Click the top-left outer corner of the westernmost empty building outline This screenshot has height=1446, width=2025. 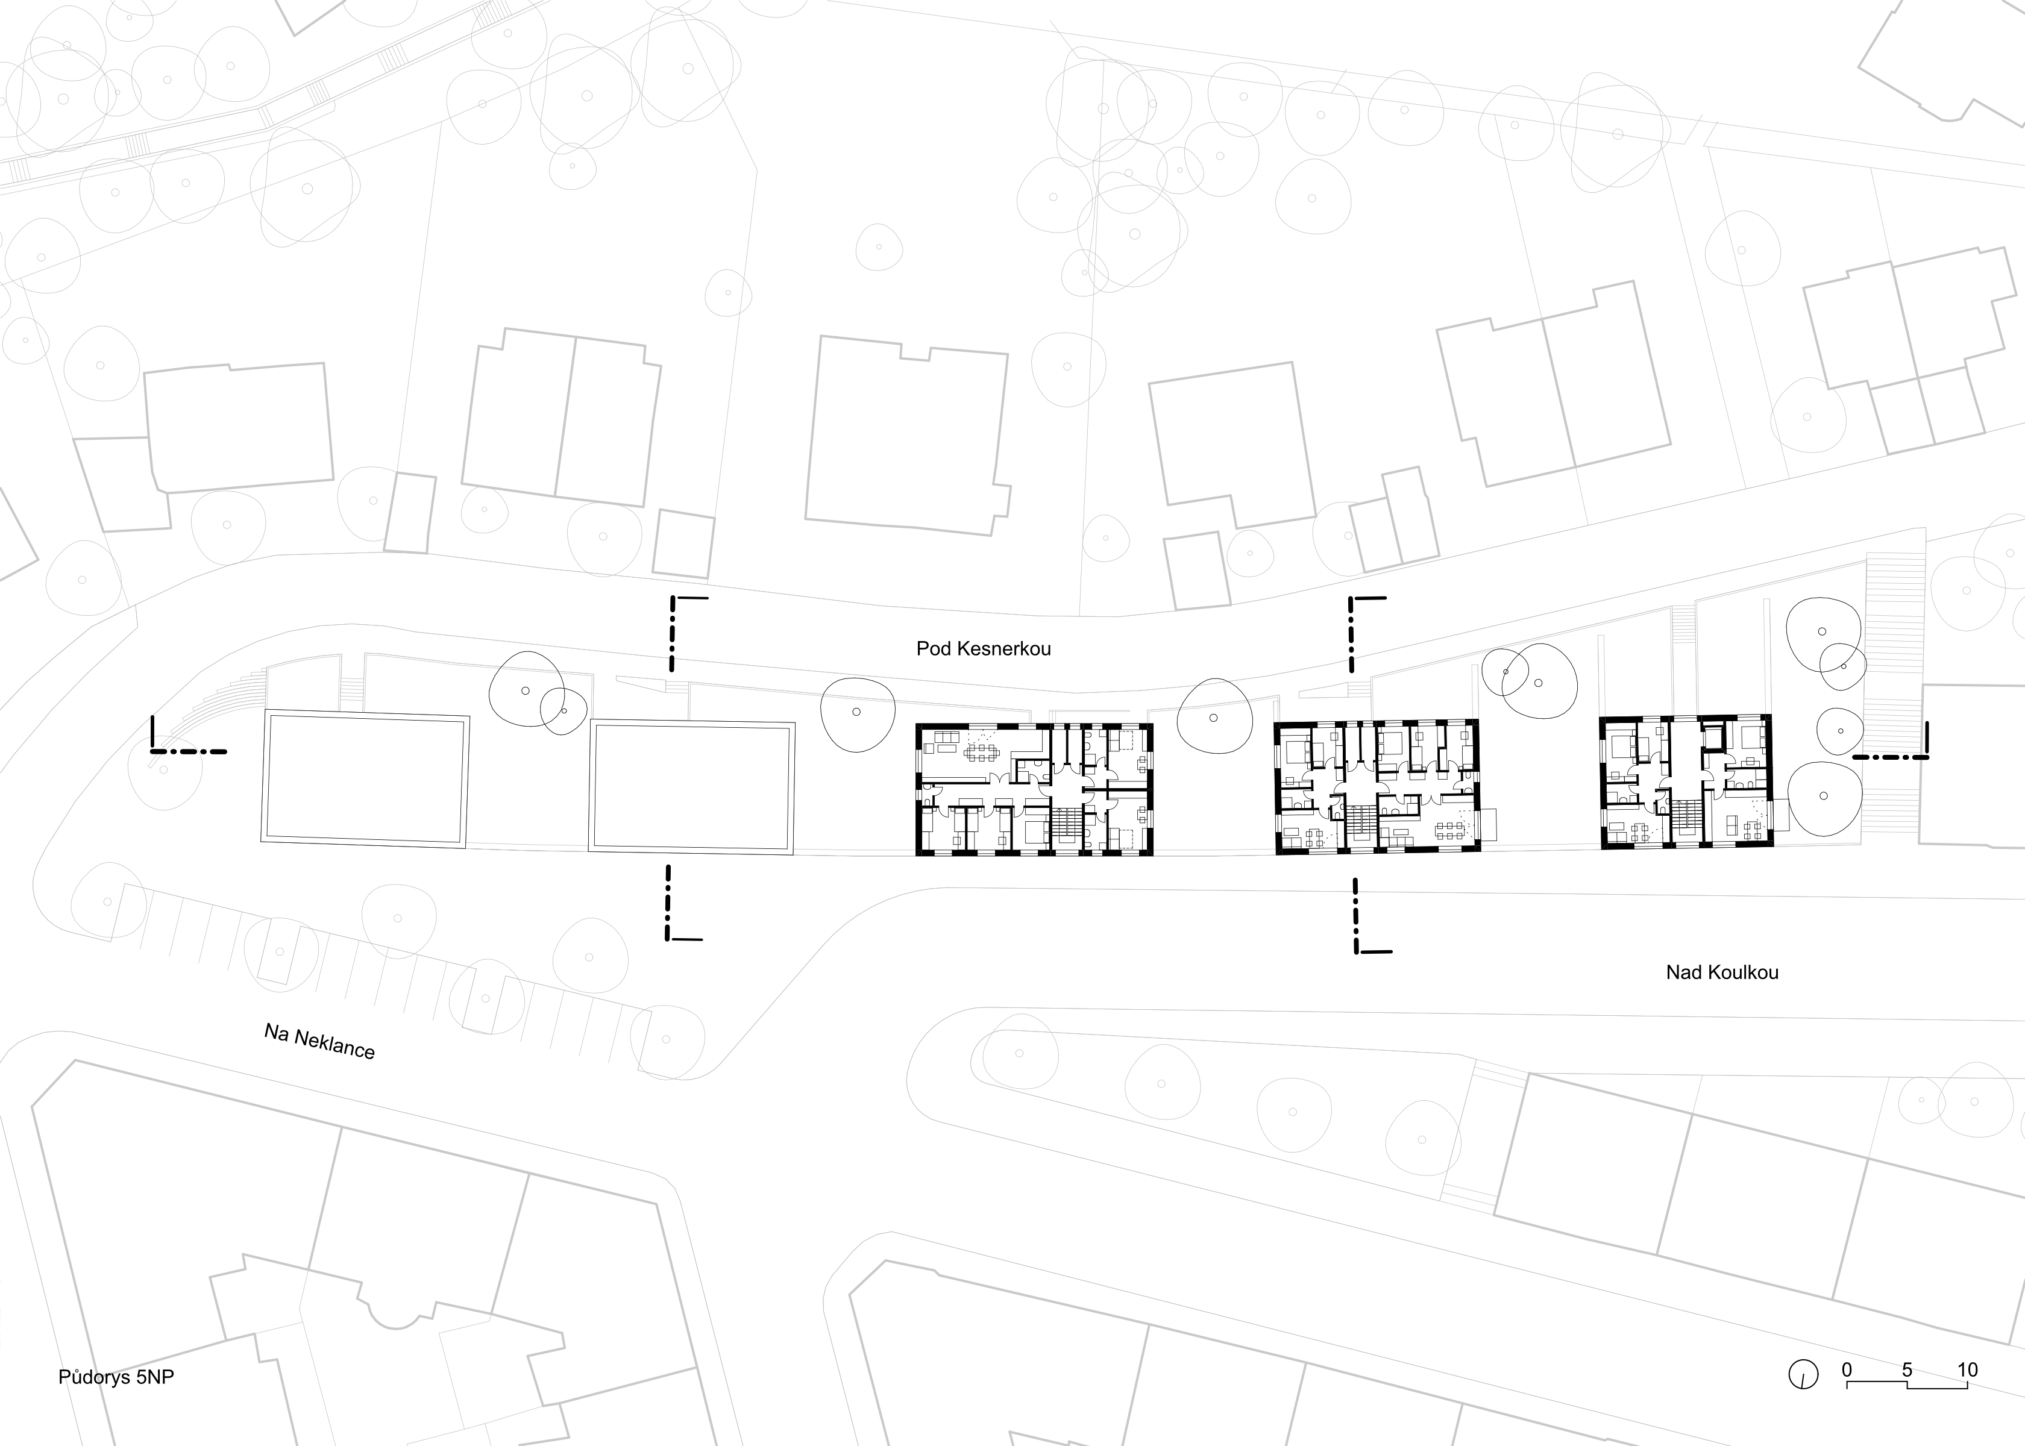[265, 710]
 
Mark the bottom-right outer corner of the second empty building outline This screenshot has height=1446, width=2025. [794, 855]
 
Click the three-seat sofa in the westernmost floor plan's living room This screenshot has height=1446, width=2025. [942, 736]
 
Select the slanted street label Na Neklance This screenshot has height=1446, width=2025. [319, 1041]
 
